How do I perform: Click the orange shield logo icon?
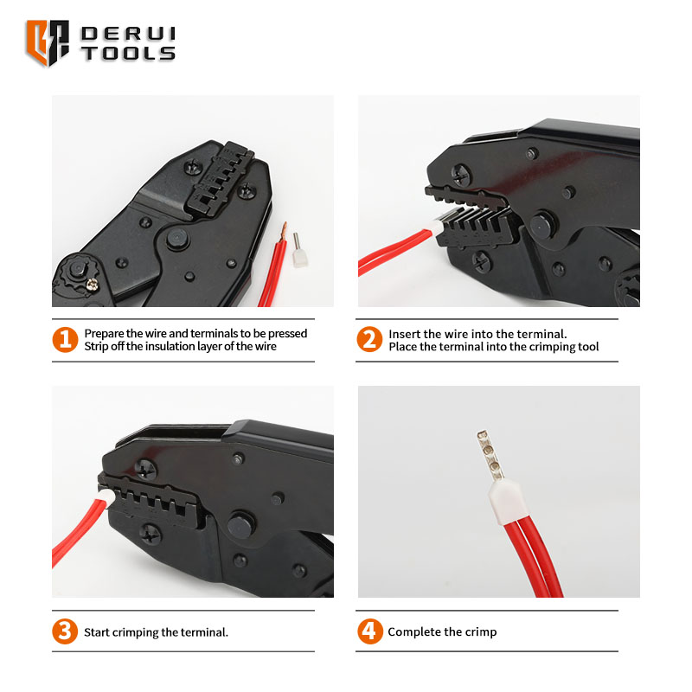coord(48,42)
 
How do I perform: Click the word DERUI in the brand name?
coord(128,34)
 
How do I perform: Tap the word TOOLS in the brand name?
coord(128,54)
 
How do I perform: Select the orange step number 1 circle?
coord(65,339)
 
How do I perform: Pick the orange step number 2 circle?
coord(369,339)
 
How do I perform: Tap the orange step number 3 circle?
coord(65,631)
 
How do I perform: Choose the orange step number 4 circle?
coord(370,631)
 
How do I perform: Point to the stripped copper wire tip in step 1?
coord(283,231)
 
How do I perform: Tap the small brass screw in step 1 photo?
coord(93,285)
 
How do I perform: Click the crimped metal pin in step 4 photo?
coord(490,456)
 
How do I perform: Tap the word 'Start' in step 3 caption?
coord(97,632)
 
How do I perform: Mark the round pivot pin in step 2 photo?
coord(542,225)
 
